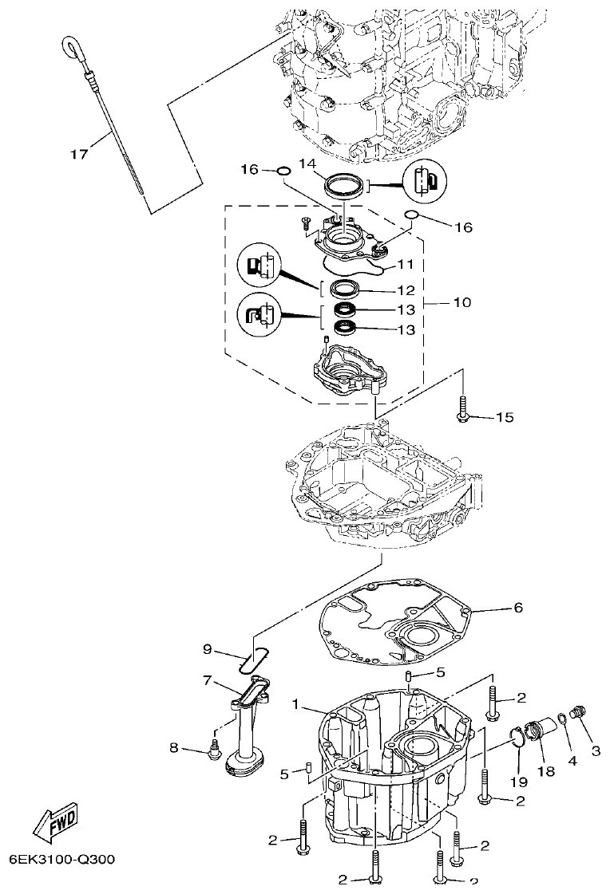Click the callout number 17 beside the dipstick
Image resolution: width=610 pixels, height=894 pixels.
point(77,155)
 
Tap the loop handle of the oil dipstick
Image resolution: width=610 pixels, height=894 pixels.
point(71,49)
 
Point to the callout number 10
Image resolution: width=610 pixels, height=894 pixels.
point(461,303)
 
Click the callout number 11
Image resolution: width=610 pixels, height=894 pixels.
point(406,264)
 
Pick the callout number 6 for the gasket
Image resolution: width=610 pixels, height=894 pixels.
point(518,608)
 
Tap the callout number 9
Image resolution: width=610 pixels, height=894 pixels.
point(207,649)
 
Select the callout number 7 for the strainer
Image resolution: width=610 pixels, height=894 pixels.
point(207,680)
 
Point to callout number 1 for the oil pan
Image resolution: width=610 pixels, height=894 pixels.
point(295,705)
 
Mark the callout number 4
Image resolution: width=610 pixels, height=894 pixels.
point(571,761)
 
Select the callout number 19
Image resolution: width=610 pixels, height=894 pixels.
point(519,782)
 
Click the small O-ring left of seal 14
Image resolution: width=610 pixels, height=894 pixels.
point(283,169)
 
